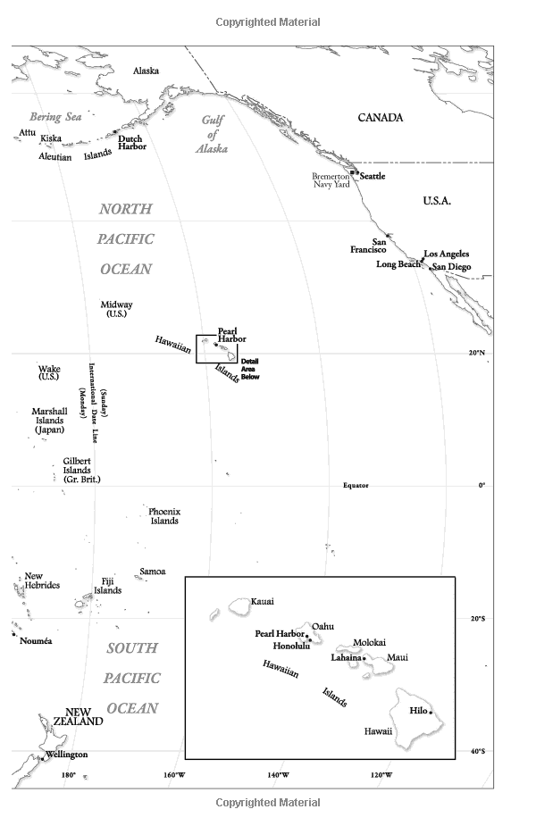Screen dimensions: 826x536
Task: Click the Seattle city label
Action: pos(373,177)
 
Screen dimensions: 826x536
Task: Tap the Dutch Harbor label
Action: pos(130,142)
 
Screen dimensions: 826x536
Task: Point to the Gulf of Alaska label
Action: pos(211,134)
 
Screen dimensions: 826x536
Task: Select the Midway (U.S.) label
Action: pos(116,309)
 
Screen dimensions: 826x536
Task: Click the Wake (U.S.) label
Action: pos(49,372)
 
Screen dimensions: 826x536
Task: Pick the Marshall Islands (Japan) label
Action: pos(49,421)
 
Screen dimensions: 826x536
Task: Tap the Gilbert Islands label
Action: pos(81,471)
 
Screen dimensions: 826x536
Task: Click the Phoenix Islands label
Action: pos(164,516)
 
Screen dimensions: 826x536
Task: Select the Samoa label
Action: pos(152,572)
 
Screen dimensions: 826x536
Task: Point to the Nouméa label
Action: pos(36,641)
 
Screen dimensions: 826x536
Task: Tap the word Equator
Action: pos(356,486)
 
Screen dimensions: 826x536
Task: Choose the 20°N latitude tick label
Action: pos(477,354)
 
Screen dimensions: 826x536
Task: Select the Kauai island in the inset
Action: pos(239,605)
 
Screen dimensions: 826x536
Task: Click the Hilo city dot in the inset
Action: pos(431,712)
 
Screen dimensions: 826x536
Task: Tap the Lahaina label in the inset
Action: pos(346,658)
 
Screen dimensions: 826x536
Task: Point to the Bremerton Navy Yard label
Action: pos(331,180)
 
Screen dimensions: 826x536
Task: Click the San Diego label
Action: pos(450,267)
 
